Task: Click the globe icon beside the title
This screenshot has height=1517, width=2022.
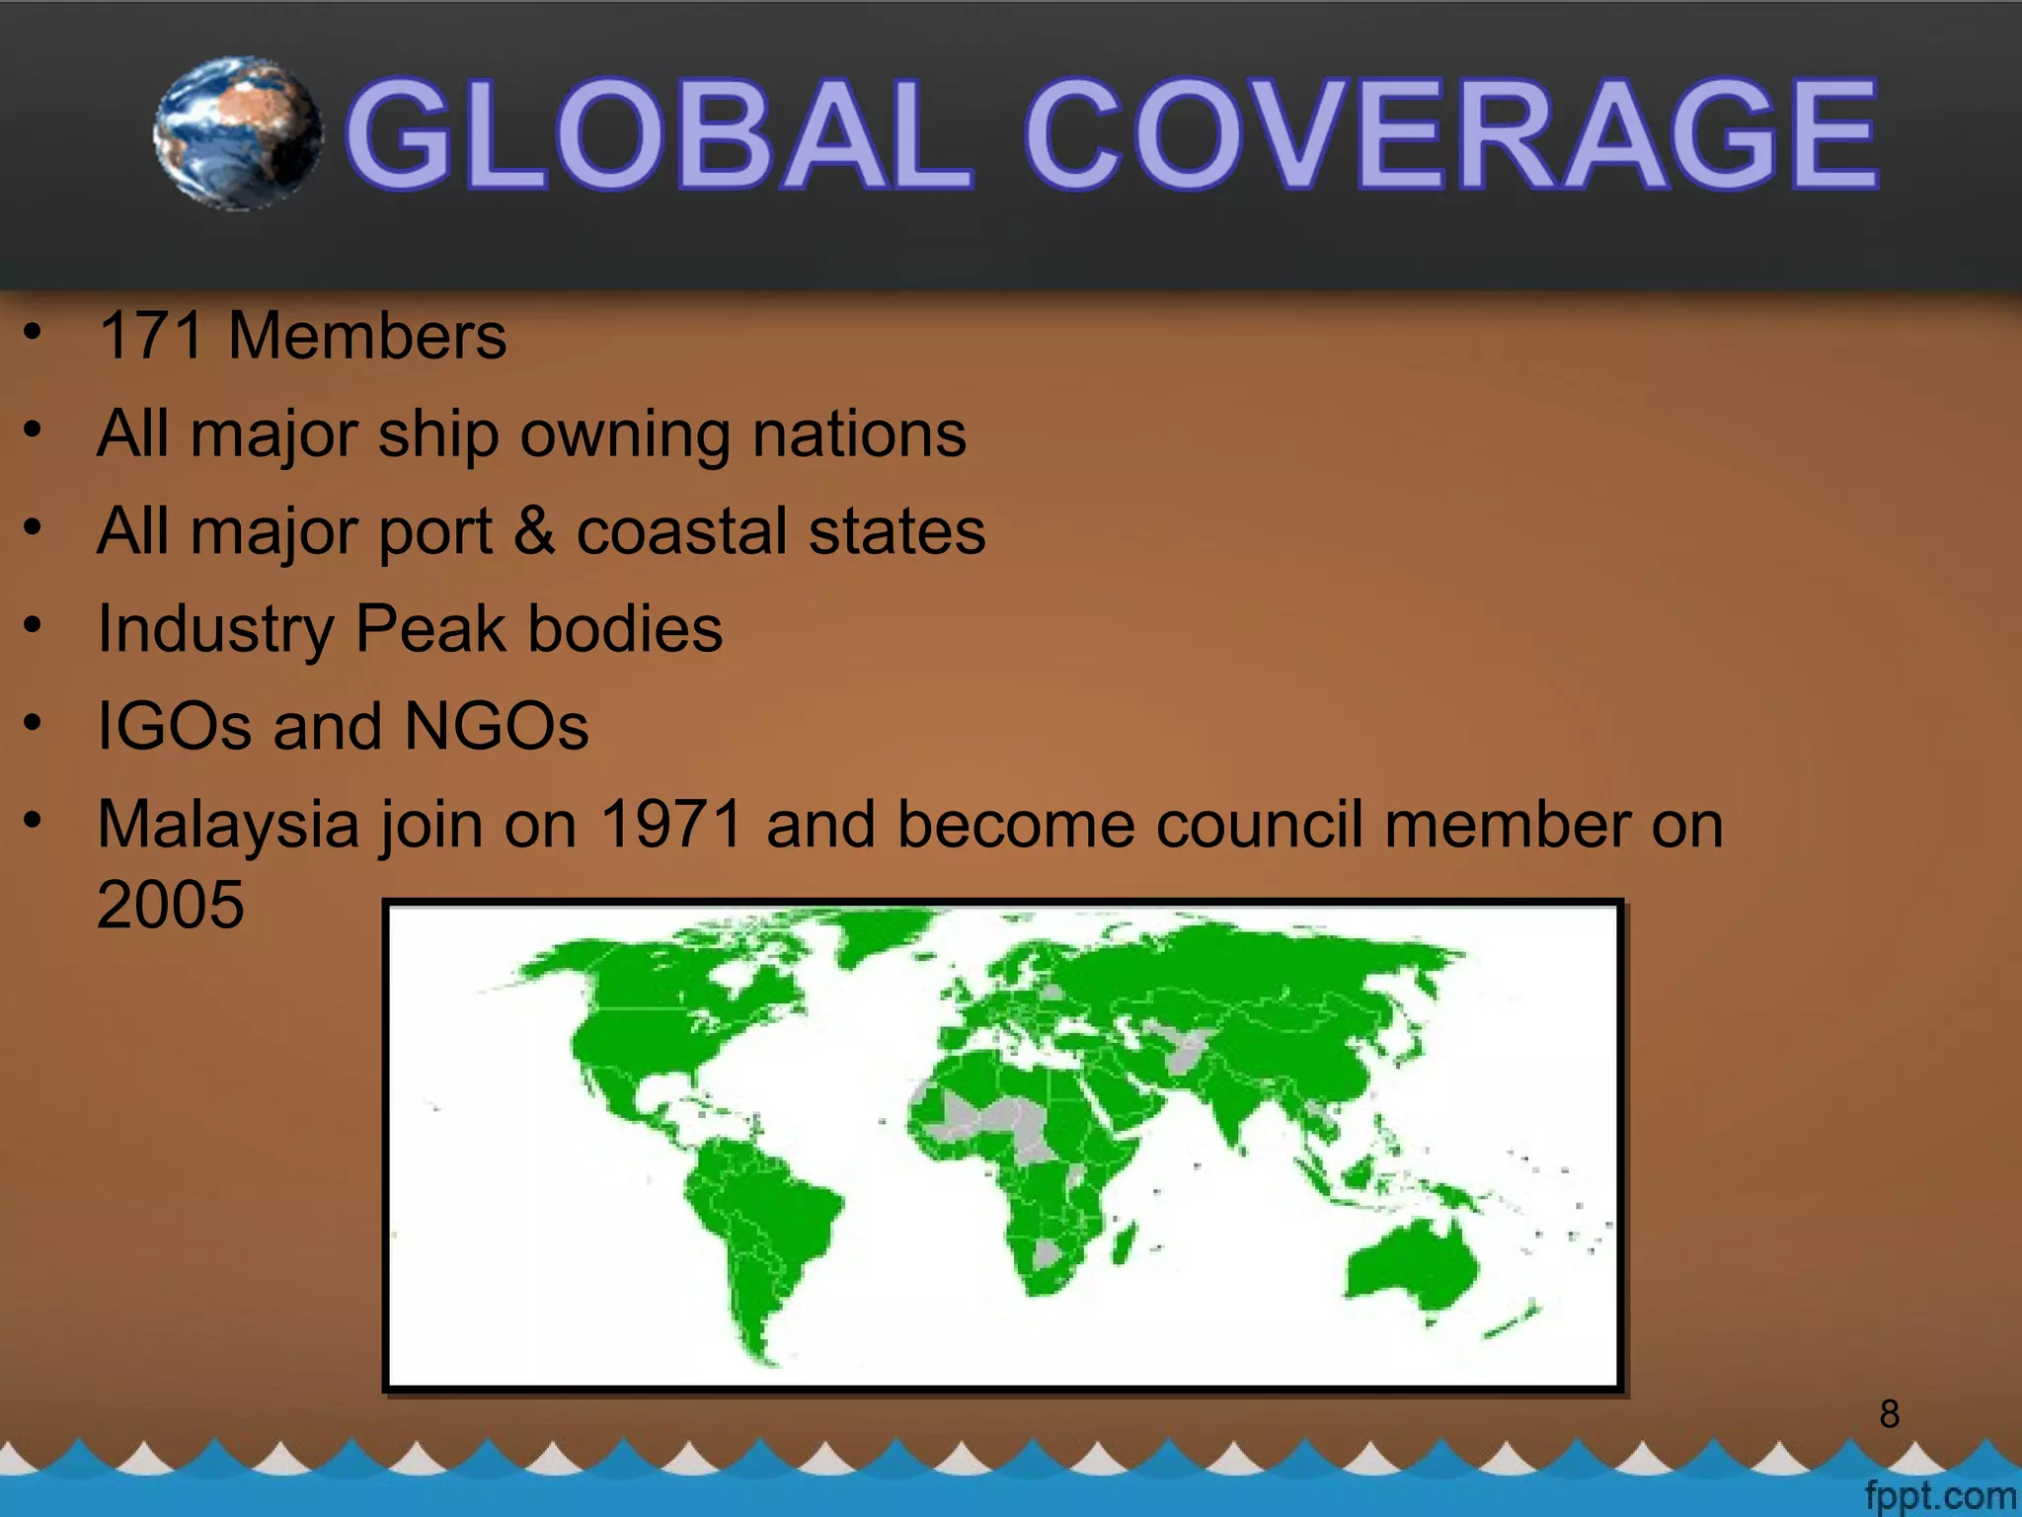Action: pos(239,133)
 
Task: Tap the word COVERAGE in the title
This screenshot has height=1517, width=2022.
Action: pos(1450,135)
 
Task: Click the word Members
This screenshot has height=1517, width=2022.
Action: pos(367,336)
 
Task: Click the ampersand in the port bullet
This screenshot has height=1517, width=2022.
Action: pos(534,530)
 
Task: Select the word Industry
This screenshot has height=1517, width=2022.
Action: pos(215,629)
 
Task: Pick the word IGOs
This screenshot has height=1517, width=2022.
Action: pos(174,726)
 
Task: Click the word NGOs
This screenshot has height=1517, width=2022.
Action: pos(497,726)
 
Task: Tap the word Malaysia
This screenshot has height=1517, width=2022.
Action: pos(227,825)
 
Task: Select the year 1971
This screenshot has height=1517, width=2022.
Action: pos(671,825)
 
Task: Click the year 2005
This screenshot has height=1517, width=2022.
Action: pos(170,904)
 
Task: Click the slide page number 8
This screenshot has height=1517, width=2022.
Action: pos(1890,1414)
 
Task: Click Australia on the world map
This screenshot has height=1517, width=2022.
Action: pos(1412,1269)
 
